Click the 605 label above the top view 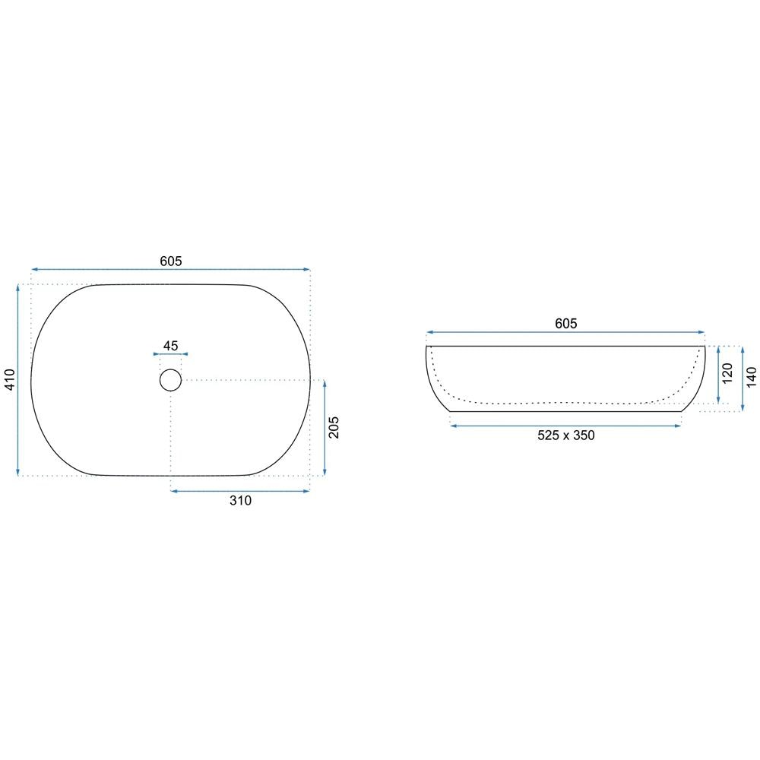point(170,261)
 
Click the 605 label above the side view point(565,324)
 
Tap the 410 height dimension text point(9,380)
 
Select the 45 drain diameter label point(170,346)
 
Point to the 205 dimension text point(334,428)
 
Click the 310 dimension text point(240,501)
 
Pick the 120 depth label point(727,375)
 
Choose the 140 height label point(751,378)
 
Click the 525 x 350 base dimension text point(565,435)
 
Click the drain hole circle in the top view point(170,379)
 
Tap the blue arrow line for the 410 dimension point(18,380)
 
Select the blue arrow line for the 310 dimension point(240,492)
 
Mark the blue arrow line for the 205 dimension point(325,428)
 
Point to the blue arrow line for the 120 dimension point(718,375)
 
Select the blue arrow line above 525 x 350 point(565,426)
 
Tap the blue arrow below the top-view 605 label point(170,269)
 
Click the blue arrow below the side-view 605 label point(565,332)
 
